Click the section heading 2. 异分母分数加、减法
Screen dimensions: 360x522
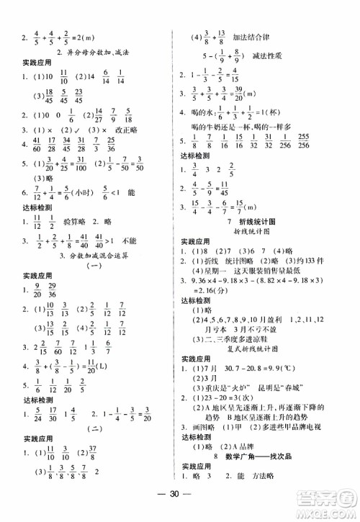point(88,53)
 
